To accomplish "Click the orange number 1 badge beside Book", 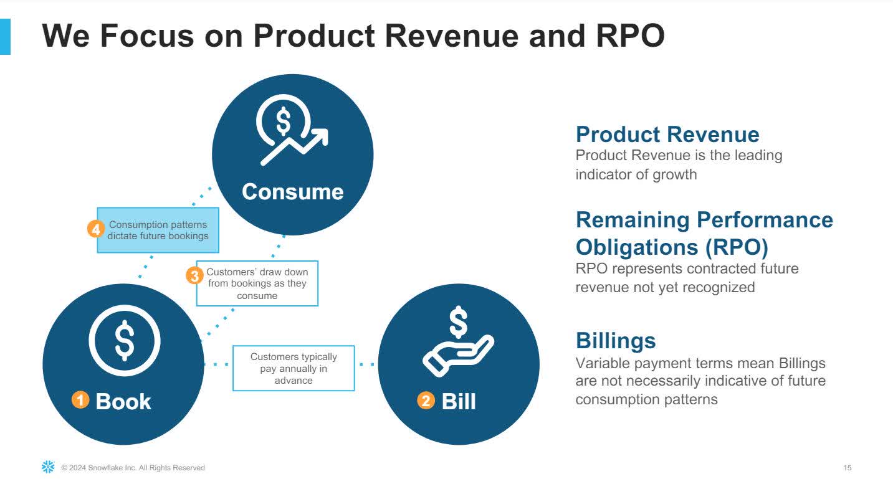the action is pyautogui.click(x=80, y=400).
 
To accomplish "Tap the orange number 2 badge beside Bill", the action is pyautogui.click(x=426, y=401).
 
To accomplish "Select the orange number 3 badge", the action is pyautogui.click(x=194, y=275).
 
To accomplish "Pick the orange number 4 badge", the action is pyautogui.click(x=96, y=229).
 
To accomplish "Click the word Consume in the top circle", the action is pyautogui.click(x=293, y=192).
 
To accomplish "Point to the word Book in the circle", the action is pyautogui.click(x=123, y=401).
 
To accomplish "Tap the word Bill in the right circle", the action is pyautogui.click(x=459, y=401).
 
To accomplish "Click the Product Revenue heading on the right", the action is pyautogui.click(x=667, y=135).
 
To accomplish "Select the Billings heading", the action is pyautogui.click(x=616, y=341).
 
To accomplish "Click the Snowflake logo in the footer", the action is pyautogui.click(x=48, y=467).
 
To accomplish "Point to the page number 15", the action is pyautogui.click(x=847, y=468).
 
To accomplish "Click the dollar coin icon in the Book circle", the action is pyautogui.click(x=125, y=341).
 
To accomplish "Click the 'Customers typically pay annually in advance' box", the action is pyautogui.click(x=294, y=368).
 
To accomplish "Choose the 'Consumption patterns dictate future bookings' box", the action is pyautogui.click(x=158, y=230).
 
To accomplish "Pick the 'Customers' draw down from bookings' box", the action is pyautogui.click(x=257, y=283).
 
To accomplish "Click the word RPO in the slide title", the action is pyautogui.click(x=630, y=36).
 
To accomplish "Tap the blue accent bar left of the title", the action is pyautogui.click(x=5, y=37).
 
